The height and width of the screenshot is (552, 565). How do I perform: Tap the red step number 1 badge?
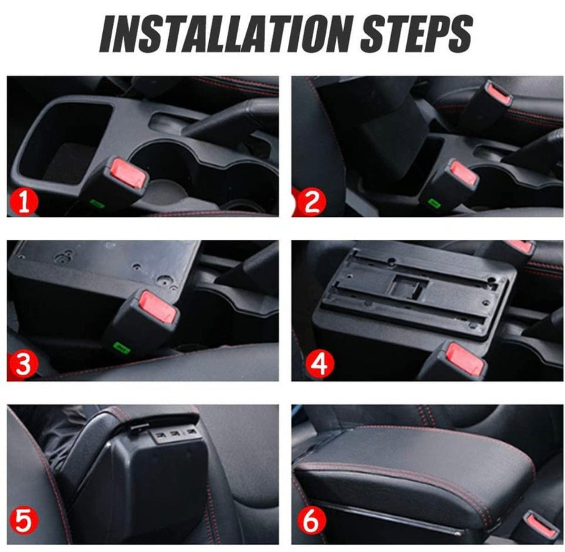24,202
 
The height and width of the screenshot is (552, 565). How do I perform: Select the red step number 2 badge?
311,202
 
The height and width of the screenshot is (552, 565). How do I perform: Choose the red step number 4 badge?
320,363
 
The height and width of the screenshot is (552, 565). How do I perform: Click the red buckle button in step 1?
129,172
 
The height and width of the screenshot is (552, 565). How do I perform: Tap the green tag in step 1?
97,203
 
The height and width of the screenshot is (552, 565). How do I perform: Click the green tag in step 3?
122,348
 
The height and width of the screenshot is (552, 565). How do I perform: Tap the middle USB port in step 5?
174,434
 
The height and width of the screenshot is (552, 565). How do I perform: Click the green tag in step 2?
434,203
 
